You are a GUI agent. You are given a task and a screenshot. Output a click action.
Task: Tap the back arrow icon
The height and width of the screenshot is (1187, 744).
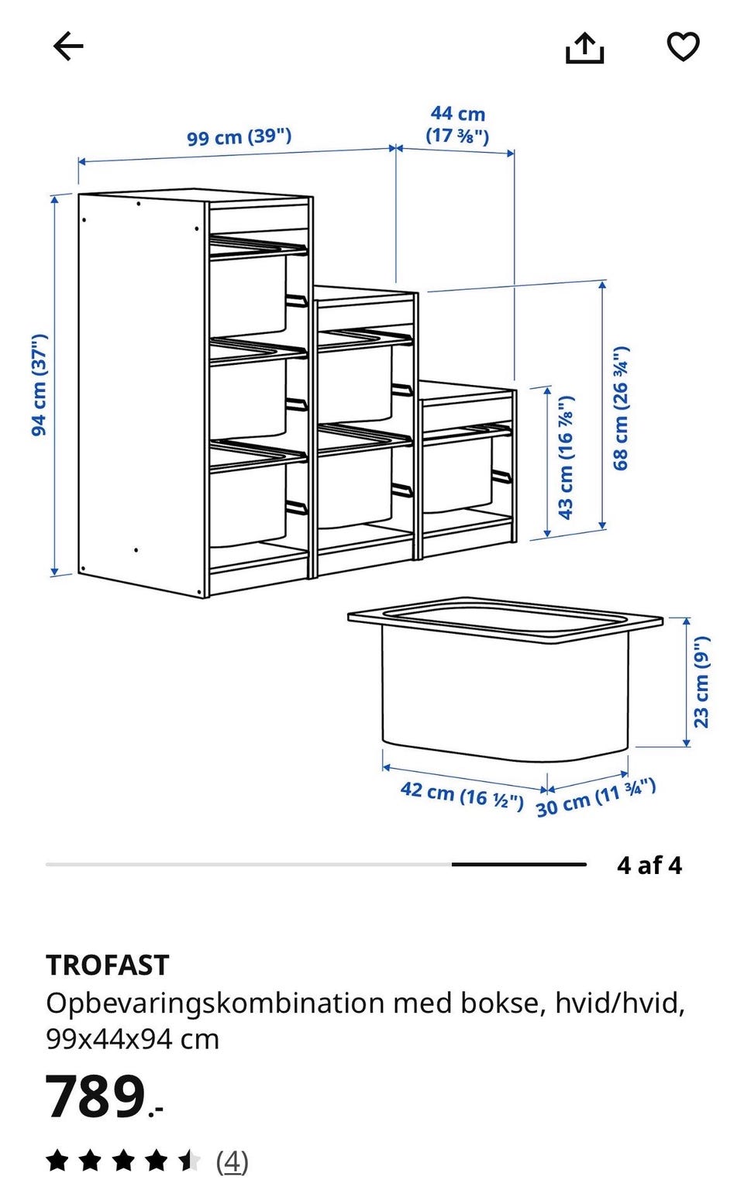pos(68,46)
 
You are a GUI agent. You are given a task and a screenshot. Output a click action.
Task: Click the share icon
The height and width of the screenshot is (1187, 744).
pos(584,48)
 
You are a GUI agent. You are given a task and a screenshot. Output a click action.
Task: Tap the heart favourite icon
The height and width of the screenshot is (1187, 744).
pos(683,46)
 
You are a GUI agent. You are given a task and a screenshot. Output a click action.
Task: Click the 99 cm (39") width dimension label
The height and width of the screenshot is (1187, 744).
pos(239,137)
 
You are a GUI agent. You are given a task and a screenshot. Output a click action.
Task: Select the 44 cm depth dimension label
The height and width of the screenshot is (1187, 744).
pos(457,125)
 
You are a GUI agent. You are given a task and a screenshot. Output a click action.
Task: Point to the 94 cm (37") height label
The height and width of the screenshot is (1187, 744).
pos(40,385)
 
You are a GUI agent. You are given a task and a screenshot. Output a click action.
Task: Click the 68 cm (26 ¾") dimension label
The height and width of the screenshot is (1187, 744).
pos(621,408)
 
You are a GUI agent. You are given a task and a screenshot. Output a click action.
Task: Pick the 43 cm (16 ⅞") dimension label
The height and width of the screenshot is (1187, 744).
pos(566,457)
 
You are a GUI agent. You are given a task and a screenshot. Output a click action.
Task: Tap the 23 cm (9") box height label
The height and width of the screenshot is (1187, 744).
pos(701,682)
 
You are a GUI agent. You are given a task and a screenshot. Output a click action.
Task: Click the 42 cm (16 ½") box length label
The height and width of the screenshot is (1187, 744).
pos(462,796)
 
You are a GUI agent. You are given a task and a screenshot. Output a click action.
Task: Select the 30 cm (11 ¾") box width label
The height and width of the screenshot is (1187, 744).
pos(596,798)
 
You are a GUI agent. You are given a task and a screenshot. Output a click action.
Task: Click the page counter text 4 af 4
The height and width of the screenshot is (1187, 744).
pos(649,865)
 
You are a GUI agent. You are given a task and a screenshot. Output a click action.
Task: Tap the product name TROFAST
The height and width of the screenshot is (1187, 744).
pos(108,965)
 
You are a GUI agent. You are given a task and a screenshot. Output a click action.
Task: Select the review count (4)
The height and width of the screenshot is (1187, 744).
pos(232,1161)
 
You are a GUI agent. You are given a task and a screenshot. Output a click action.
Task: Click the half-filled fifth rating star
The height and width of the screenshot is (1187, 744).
pos(189,1161)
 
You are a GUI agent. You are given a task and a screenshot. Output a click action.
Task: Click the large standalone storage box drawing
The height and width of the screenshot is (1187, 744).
pos(505,680)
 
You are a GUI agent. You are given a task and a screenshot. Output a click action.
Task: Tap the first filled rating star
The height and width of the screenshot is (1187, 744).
pos(57,1161)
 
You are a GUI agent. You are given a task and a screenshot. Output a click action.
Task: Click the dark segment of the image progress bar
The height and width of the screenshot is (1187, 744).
pos(518,864)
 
